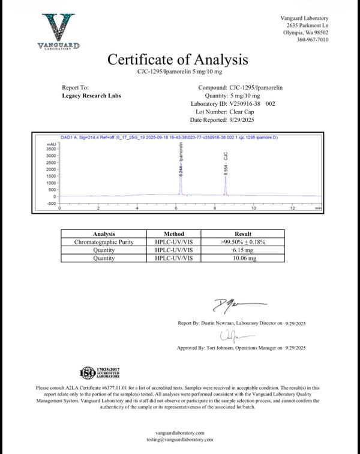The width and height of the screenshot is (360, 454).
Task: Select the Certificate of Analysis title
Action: pos(177,60)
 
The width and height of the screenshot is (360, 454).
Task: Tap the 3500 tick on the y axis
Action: pos(52,149)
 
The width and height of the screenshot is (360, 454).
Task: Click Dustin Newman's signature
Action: pos(226,308)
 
